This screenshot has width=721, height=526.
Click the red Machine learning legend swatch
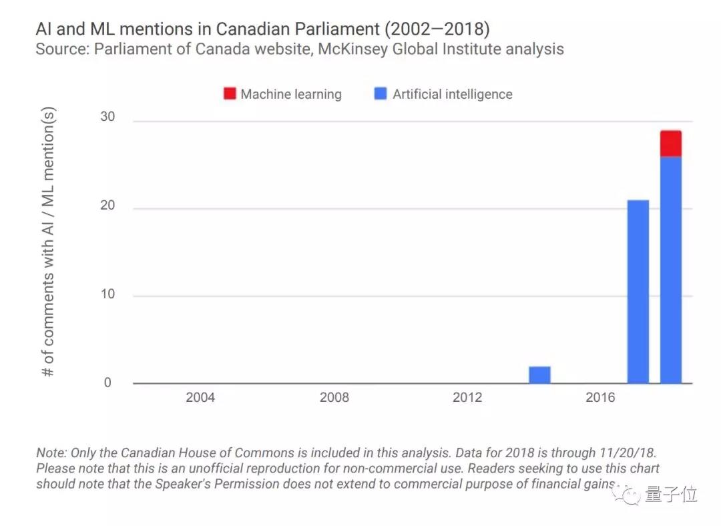[x=230, y=94]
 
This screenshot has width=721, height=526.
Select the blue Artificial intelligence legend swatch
[x=381, y=94]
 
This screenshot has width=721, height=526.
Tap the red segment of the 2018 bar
[x=671, y=144]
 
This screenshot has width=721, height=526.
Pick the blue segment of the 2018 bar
[x=671, y=270]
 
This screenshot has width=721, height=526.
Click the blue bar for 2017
[x=638, y=292]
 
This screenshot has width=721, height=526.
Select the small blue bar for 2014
[x=539, y=374]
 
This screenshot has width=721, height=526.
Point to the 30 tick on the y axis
[x=107, y=117]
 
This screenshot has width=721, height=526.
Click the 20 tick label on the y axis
[x=107, y=206]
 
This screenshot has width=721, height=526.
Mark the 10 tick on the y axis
[x=107, y=294]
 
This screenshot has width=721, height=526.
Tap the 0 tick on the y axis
[x=107, y=383]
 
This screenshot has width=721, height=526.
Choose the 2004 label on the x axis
[x=200, y=398]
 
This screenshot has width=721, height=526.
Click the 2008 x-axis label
[x=334, y=398]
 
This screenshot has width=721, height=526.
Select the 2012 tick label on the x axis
[x=467, y=398]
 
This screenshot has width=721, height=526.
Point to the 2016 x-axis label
[x=601, y=398]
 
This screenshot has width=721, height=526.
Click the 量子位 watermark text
[x=671, y=495]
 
